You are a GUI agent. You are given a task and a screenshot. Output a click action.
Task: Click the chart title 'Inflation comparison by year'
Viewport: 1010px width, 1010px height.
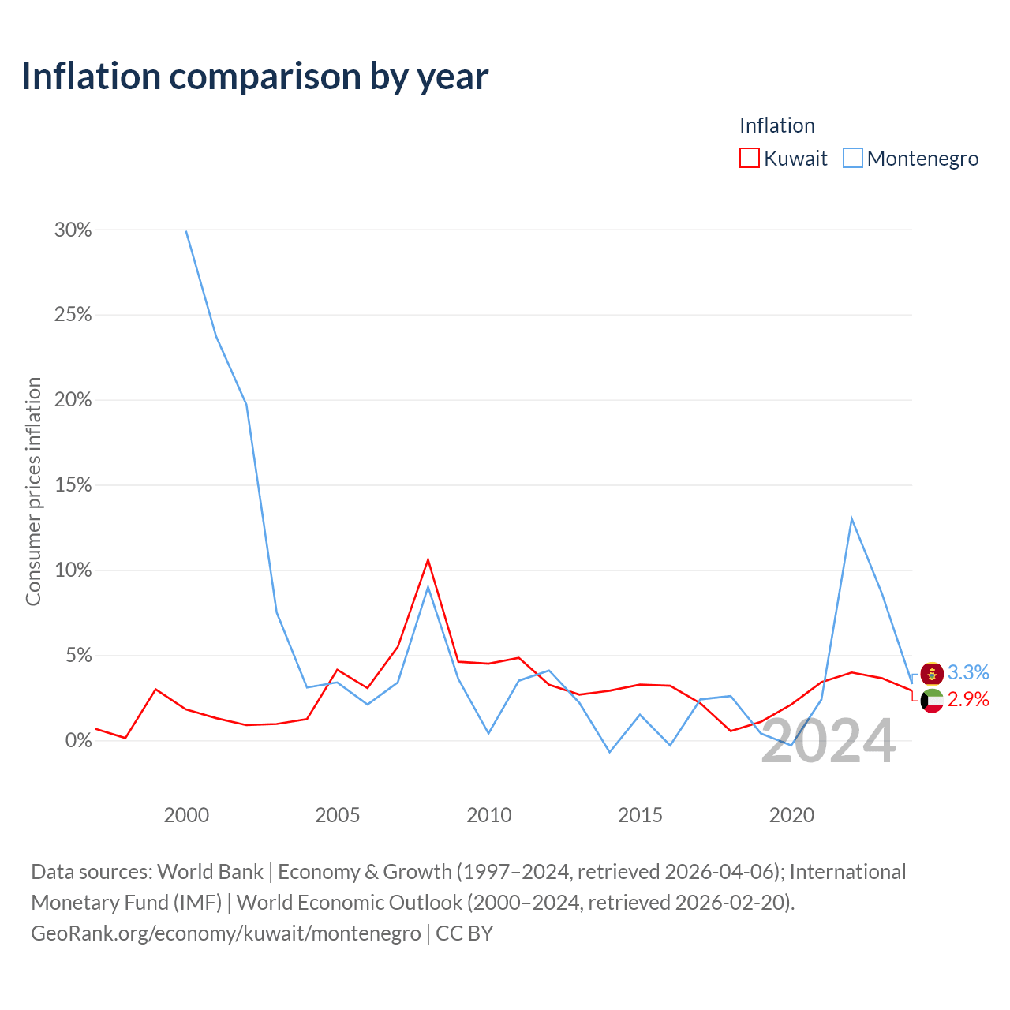coord(255,77)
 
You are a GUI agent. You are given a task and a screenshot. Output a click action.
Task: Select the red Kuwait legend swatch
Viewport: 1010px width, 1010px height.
coord(749,158)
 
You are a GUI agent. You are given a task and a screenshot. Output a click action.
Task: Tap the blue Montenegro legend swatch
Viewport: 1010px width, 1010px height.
coord(852,158)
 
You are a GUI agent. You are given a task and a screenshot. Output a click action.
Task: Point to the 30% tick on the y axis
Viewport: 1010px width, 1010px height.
coord(73,230)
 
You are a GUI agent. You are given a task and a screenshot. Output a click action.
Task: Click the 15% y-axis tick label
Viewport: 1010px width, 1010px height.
coord(73,484)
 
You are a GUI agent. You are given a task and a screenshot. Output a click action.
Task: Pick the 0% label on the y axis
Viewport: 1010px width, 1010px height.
coord(79,740)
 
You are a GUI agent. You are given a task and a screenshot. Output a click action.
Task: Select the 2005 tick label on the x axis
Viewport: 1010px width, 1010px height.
coord(337,815)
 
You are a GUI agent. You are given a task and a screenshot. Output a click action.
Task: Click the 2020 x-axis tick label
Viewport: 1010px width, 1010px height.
coord(791,815)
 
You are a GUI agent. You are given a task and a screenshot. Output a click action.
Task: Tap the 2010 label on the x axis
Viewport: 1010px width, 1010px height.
coord(488,815)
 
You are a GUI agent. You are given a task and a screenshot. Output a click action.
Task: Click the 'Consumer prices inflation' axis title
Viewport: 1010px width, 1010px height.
coord(33,491)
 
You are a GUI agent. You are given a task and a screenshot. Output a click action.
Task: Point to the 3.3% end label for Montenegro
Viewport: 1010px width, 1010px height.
coord(968,672)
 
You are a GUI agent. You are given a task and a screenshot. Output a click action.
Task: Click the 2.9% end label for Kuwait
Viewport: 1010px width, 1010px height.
coord(968,699)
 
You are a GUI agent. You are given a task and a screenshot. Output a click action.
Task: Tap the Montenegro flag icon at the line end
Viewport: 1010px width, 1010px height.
coord(932,674)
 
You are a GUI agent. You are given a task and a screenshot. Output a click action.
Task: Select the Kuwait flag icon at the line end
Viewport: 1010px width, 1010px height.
coord(932,701)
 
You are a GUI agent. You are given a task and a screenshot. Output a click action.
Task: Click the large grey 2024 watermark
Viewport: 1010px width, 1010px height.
coord(829,741)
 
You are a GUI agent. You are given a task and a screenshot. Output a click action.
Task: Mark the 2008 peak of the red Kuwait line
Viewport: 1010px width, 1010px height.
coord(428,559)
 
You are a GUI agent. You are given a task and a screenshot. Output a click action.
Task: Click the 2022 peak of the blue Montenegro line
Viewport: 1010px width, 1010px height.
coord(851,518)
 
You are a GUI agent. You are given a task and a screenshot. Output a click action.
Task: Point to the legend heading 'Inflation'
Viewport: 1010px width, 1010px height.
coord(776,125)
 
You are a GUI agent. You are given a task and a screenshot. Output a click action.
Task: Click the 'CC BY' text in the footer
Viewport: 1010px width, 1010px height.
coord(465,933)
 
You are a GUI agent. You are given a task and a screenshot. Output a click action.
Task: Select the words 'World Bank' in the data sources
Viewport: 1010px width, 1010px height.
coord(210,872)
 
